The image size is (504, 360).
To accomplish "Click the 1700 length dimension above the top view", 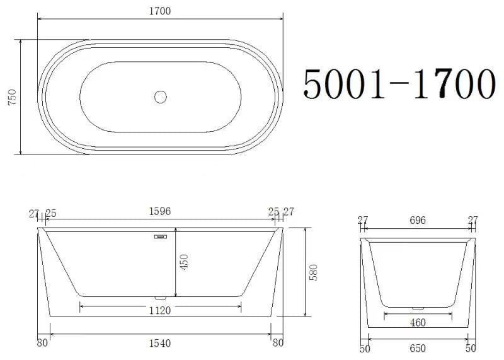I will (160, 11).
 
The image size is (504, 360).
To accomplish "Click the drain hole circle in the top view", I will (161, 97).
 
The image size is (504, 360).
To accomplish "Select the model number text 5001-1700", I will (398, 84).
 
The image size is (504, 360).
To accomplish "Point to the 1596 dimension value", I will (160, 212).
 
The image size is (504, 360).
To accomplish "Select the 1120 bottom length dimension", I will (160, 310).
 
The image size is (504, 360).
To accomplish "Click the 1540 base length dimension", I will (160, 344).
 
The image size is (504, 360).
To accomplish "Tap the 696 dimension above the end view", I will (418, 220).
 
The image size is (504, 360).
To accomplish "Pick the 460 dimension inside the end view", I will (417, 323).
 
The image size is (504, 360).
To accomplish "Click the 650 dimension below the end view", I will (418, 348).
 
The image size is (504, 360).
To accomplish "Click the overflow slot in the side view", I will (159, 238).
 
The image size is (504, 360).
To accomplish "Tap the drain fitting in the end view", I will (417, 308).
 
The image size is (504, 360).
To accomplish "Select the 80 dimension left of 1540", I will (42, 344).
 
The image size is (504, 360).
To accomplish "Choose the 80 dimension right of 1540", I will (278, 344).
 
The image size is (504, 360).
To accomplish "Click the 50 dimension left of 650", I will (365, 348).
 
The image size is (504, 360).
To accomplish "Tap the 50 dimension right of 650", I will (470, 348).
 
